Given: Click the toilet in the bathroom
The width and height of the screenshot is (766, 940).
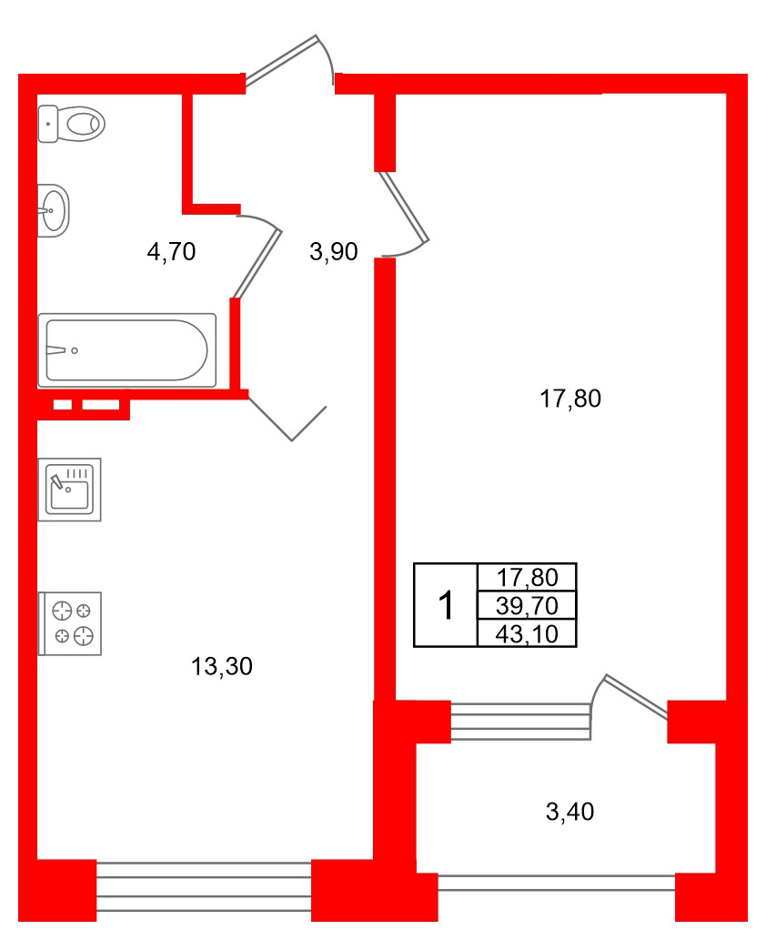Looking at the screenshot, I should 72,123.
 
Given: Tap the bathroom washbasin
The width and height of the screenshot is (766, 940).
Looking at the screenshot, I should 53,210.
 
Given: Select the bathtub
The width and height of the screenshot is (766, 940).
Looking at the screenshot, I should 126,349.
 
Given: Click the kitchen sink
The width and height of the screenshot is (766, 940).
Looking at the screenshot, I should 69,490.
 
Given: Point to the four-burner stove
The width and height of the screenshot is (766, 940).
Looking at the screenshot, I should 70,623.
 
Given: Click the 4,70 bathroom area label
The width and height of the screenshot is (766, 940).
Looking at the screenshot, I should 171,252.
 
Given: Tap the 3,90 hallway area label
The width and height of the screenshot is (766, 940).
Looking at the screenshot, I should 334,252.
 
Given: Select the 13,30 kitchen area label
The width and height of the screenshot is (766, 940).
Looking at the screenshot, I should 221,667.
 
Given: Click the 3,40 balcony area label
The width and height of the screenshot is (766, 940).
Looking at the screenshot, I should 569,812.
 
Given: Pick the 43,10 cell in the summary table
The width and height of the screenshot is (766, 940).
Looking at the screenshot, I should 526,633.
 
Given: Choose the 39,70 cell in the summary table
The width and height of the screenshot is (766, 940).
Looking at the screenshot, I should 526,604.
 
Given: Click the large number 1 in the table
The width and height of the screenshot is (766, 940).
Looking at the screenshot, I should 446,605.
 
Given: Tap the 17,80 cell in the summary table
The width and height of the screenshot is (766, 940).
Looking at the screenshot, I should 526,577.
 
